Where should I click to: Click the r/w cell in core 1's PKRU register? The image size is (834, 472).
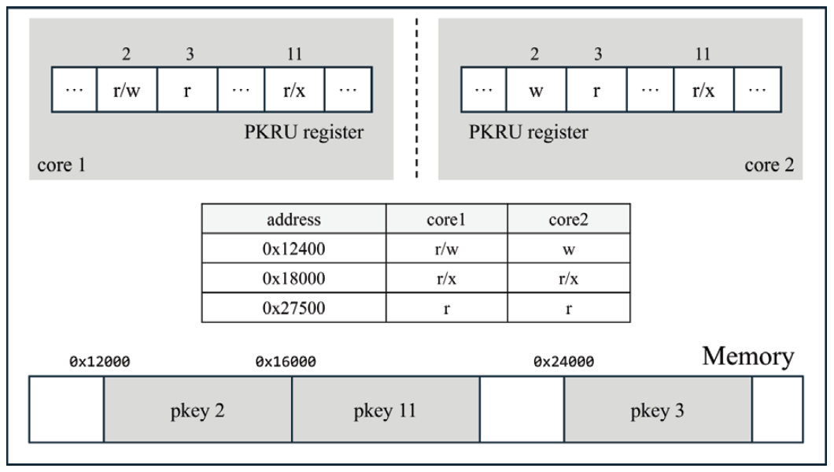127,89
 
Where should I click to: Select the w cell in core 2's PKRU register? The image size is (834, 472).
536,89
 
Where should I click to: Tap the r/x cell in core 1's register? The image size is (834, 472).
294,89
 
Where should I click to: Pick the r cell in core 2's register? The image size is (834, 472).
596,89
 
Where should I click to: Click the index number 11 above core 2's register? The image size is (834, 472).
703,54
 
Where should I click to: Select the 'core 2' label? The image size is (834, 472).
769,167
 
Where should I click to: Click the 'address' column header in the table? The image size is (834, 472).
293,218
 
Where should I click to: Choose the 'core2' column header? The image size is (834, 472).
568,218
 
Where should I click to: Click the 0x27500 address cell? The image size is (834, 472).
293,307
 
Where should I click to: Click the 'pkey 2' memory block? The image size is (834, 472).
197,411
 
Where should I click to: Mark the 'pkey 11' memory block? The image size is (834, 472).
386,411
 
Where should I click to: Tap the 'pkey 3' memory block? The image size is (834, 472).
658,411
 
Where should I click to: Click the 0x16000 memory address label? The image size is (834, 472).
286,362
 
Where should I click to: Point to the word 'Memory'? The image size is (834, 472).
747,356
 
